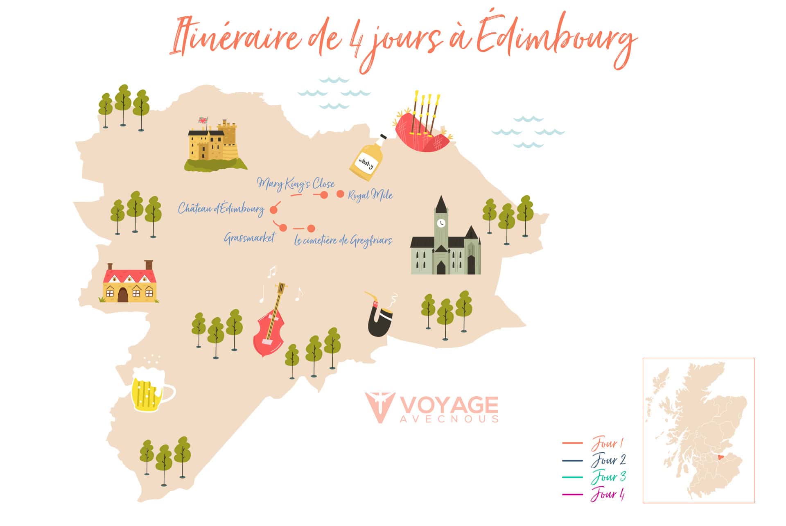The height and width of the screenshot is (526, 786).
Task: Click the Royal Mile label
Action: pos(370,195)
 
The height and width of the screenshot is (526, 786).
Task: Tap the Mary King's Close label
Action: pos(296,184)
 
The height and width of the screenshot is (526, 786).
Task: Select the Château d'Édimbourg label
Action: pos(221,209)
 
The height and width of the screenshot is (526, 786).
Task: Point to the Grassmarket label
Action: pos(249,238)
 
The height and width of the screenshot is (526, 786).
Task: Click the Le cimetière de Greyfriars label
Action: pos(343,240)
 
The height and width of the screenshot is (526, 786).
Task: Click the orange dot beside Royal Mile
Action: pos(340,194)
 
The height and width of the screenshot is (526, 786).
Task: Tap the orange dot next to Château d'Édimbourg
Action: pos(273,210)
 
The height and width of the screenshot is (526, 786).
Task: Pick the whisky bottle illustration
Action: pos(367,159)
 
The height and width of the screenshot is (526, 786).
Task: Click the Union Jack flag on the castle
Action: pos(202,120)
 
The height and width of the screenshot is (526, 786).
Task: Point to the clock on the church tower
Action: pos(441,223)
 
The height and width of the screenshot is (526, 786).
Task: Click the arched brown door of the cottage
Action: pos(123,294)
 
